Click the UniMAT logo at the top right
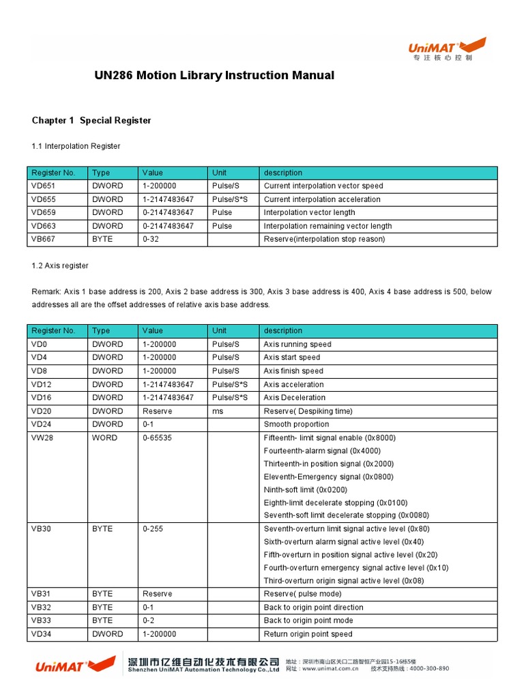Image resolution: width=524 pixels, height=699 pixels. pyautogui.click(x=448, y=48)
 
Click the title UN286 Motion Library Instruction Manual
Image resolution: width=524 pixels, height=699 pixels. pyautogui.click(x=214, y=75)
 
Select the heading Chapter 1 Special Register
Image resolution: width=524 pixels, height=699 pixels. pyautogui.click(x=91, y=121)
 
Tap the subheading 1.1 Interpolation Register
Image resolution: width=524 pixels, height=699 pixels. pyautogui.click(x=76, y=146)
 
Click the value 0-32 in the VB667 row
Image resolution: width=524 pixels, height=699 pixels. pyautogui.click(x=150, y=239)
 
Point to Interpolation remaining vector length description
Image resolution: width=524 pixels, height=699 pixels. pyautogui.click(x=327, y=226)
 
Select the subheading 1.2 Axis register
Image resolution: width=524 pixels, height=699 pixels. pyautogui.click(x=60, y=266)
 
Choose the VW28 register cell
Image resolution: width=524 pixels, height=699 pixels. pyautogui.click(x=42, y=438)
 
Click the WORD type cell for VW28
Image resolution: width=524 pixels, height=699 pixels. pyautogui.click(x=104, y=438)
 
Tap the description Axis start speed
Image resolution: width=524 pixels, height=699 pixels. pyautogui.click(x=291, y=358)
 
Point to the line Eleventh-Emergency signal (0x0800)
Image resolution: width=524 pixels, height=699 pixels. pyautogui.click(x=328, y=477)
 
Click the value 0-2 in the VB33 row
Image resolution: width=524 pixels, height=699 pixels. pyautogui.click(x=149, y=620)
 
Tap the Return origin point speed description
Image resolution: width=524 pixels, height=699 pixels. pyautogui.click(x=308, y=634)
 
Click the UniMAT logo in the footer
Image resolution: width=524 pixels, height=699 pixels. pyautogui.click(x=75, y=666)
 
